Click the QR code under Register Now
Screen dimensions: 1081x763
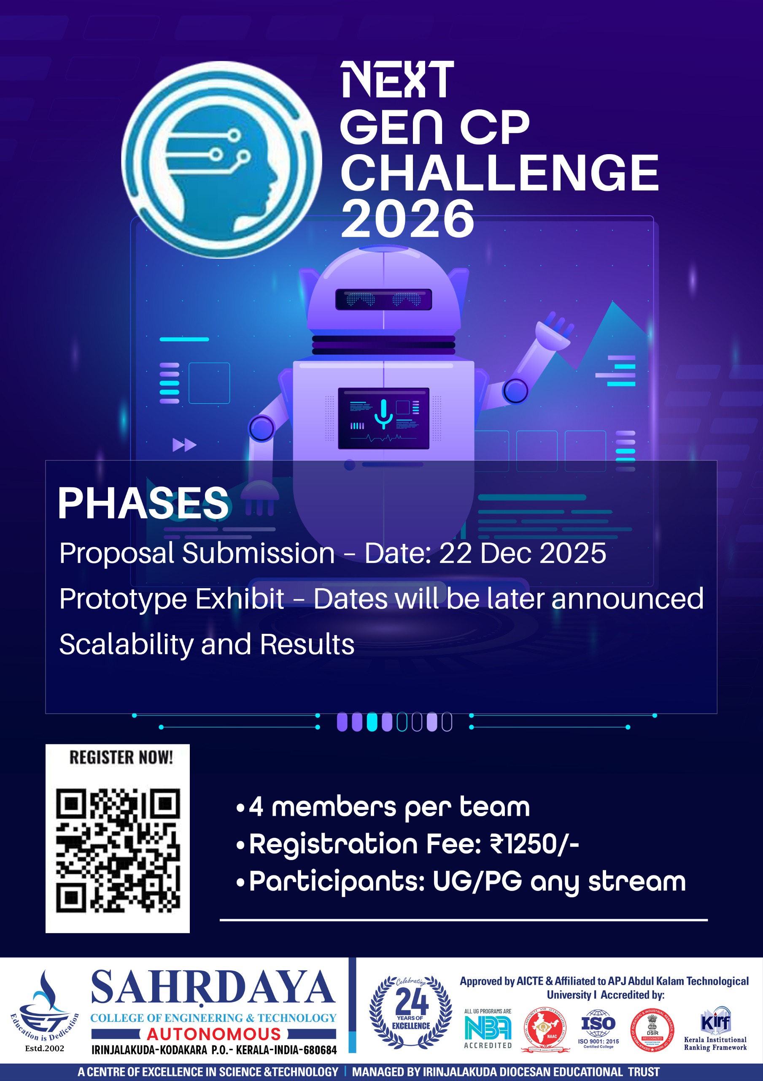[x=118, y=850]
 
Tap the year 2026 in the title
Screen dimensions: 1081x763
[x=407, y=218]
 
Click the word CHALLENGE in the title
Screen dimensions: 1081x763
[x=499, y=173]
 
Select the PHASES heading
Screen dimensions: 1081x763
[x=143, y=503]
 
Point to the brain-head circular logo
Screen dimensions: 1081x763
[x=221, y=160]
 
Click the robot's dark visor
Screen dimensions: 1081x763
[x=383, y=299]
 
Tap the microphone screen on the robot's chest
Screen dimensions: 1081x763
[x=383, y=418]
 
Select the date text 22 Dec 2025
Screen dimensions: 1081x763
[x=522, y=553]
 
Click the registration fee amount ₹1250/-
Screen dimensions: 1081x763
[x=534, y=843]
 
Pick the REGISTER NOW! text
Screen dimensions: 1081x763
[x=121, y=758]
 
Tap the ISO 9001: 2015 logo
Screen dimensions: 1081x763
[x=599, y=1028]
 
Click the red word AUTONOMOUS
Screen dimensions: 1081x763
[x=213, y=1034]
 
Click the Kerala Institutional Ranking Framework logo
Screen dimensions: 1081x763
[x=715, y=1029]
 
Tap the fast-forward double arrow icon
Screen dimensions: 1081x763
[x=184, y=445]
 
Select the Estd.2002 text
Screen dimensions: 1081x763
[x=44, y=1048]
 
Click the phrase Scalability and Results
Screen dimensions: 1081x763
[x=207, y=644]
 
